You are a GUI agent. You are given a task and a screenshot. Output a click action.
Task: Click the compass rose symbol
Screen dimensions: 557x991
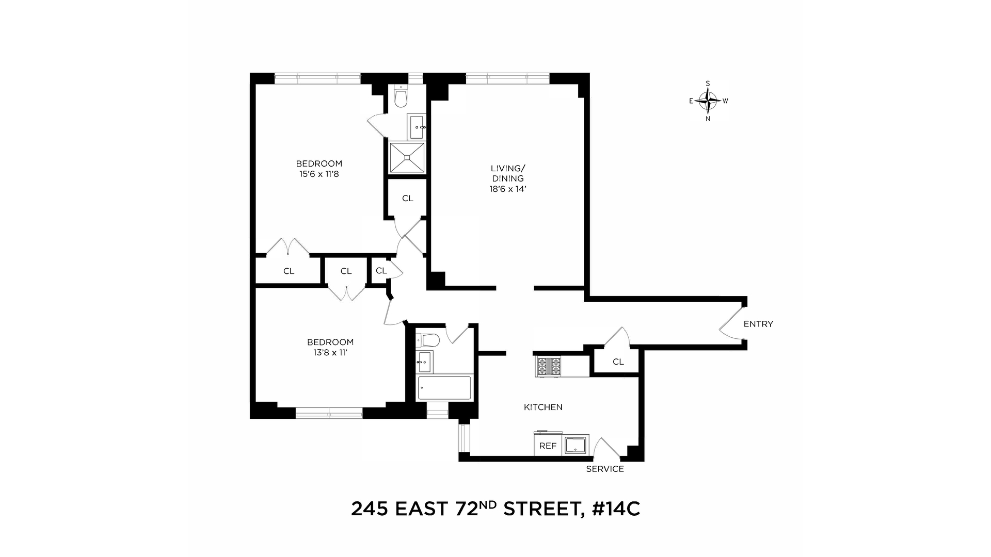[708, 101]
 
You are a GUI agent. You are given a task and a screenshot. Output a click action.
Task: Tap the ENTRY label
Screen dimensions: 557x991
[758, 324]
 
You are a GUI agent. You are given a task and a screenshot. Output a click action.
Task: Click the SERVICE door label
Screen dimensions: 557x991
[605, 469]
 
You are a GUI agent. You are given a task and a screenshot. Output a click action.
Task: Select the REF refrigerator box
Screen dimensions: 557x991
[547, 446]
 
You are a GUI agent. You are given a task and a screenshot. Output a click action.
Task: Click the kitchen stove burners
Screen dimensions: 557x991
[549, 367]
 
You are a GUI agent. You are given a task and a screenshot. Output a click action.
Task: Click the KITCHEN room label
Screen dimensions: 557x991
[543, 407]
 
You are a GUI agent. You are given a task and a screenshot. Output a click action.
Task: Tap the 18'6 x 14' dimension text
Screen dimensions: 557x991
[507, 189]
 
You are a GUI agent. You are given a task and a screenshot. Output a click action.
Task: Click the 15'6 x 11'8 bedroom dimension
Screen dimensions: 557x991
[318, 174]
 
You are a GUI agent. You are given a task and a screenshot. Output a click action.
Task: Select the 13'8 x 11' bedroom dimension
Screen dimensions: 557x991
[330, 353]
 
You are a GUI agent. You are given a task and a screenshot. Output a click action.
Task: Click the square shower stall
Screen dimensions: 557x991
[407, 158]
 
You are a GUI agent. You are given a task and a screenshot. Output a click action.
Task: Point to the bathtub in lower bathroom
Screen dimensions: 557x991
[444, 388]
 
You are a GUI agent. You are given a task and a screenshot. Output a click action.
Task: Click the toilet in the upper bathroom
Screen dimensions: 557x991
[401, 99]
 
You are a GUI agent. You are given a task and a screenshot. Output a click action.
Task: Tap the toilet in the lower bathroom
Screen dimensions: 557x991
[429, 340]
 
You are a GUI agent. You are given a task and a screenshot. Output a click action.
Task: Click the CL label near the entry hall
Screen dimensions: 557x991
[618, 362]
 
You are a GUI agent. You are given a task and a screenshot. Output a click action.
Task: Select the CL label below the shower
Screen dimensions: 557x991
[407, 198]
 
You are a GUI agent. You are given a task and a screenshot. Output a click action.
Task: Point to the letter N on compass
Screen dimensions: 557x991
[708, 119]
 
